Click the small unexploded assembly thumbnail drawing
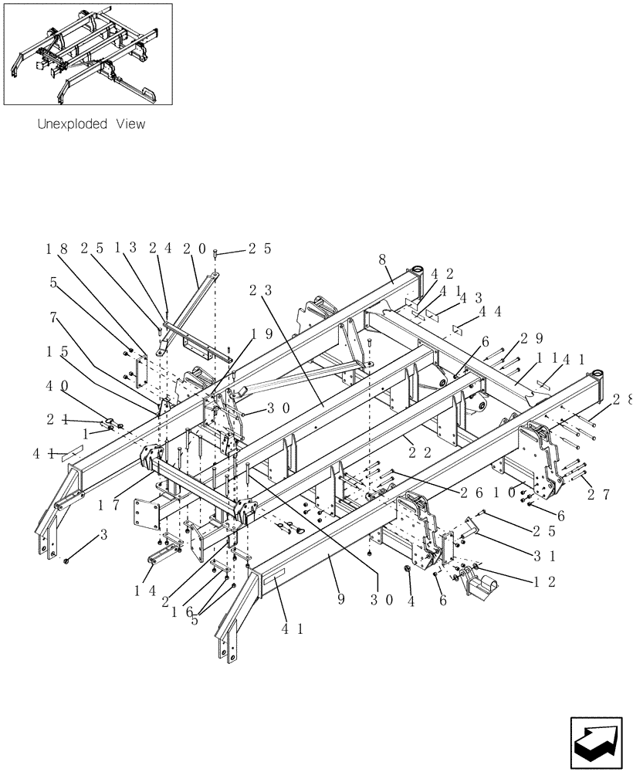[88, 54]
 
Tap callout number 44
[491, 312]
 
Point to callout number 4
[411, 599]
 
